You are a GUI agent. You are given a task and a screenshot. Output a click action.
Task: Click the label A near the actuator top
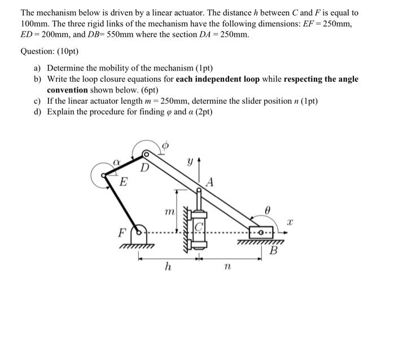coord(210,181)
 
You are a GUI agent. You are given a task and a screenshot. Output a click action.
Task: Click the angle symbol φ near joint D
coord(165,145)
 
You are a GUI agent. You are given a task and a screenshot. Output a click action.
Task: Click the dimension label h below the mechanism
coord(168,267)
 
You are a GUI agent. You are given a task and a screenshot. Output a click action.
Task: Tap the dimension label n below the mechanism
coord(227,267)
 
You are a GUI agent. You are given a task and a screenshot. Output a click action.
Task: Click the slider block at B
coord(260,232)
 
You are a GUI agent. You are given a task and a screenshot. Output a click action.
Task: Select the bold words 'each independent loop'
coord(217,80)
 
